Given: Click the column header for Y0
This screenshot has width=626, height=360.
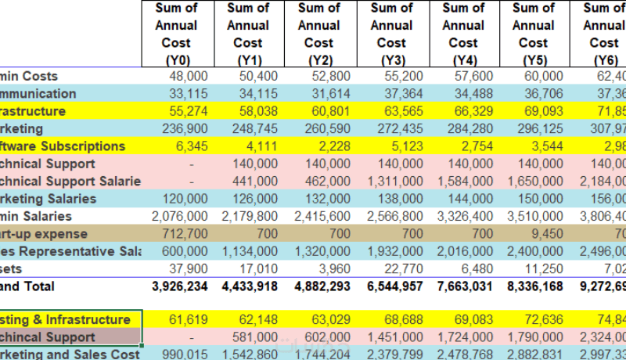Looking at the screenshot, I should [176, 34].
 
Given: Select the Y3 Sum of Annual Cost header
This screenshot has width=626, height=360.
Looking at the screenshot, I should [390, 34].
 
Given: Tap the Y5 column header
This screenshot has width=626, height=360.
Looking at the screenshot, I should [533, 34].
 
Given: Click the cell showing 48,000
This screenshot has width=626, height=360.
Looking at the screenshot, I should [189, 76].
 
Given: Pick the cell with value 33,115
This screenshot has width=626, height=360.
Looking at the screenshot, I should [189, 93].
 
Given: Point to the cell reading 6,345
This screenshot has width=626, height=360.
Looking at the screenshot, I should [192, 146].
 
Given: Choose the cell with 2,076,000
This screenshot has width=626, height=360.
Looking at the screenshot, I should [180, 217].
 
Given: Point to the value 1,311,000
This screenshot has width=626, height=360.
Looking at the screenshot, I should [395, 182].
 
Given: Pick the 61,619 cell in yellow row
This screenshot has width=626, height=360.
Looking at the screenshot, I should [189, 319].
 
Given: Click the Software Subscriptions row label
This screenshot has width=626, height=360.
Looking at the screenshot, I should [63, 146].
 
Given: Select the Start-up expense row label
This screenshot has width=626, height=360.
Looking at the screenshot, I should [44, 234].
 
